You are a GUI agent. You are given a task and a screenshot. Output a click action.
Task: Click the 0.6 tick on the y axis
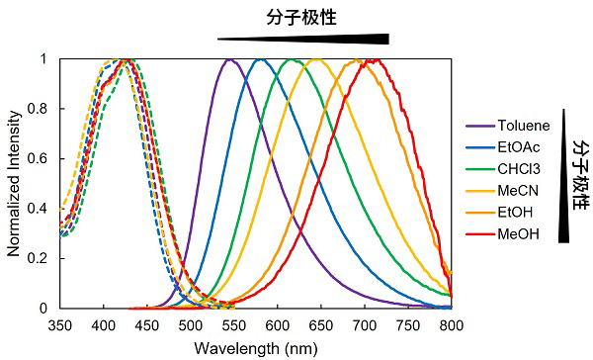click(42, 158)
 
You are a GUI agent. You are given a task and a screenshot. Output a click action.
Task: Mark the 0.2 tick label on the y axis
click(42, 258)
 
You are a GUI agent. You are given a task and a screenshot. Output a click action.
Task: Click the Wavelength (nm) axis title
click(256, 347)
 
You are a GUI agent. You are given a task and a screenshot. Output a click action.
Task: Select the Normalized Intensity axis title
click(14, 183)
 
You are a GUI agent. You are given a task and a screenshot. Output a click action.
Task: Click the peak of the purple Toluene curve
click(230, 59)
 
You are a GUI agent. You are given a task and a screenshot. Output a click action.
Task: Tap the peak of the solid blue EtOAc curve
click(260, 59)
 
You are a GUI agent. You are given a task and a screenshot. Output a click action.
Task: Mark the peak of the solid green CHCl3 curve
click(292, 59)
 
